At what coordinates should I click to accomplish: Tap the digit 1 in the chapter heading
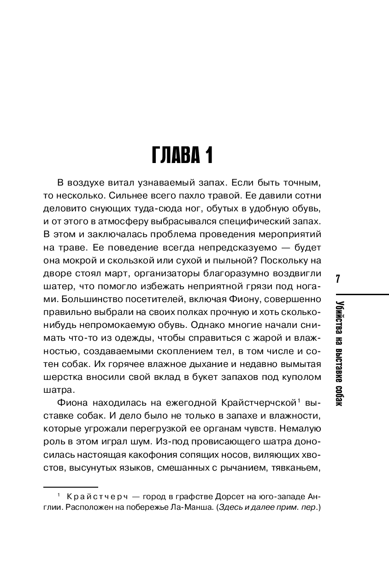tap(208, 155)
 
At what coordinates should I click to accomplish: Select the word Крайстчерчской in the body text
tap(257, 404)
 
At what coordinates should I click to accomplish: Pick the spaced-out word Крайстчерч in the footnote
tap(97, 496)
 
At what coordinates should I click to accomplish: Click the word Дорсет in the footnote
tap(213, 496)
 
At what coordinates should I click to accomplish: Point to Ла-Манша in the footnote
tap(183, 508)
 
